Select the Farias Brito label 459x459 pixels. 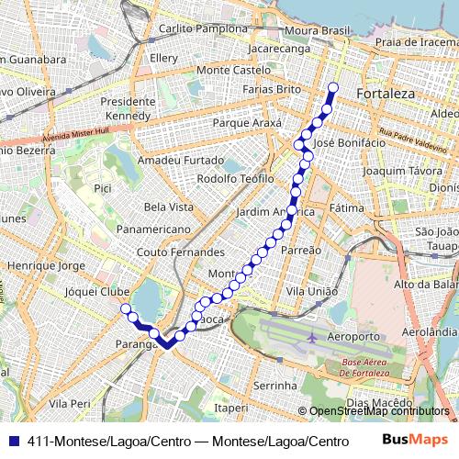272,89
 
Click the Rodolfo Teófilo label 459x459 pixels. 236,178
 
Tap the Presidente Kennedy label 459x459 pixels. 128,109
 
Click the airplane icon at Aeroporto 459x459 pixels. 312,337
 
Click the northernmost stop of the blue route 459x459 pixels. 332,89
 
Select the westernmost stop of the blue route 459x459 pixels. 126,310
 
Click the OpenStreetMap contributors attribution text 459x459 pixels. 377,411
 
